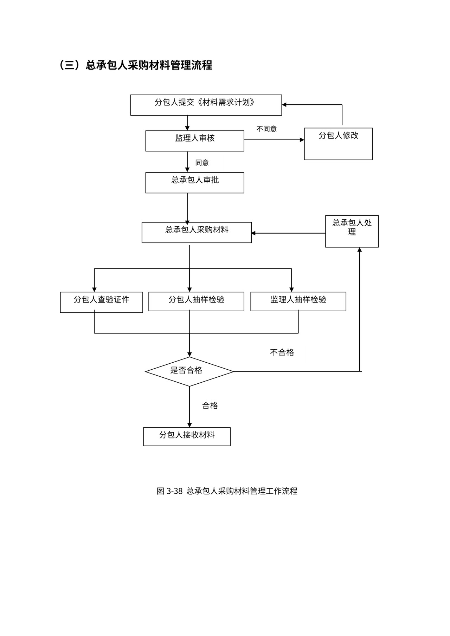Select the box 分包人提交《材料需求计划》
coord(206,105)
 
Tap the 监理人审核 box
coord(194,141)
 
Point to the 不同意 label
coord(266,129)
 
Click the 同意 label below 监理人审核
coord(202,162)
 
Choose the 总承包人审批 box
coord(194,182)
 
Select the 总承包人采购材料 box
coord(197,232)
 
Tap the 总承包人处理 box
coord(352,231)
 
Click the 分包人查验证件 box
coord(101,302)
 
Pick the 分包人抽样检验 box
coord(196,301)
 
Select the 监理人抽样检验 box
coord(298,301)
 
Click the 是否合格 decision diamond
coord(189,371)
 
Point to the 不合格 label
coord(282,352)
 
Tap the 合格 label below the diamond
coord(210,405)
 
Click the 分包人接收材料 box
coord(187,436)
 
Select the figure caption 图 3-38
coord(227,491)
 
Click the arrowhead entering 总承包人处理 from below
coord(359,250)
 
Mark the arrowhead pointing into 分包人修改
coord(302,140)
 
